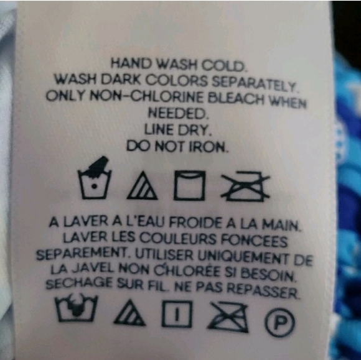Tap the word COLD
pyautogui.click(x=223, y=66)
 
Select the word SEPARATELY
pyautogui.click(x=254, y=83)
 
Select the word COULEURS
pyautogui.click(x=178, y=238)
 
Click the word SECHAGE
pyautogui.click(x=79, y=284)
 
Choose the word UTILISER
pyautogui.click(x=164, y=255)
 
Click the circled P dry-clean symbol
pyautogui.click(x=279, y=323)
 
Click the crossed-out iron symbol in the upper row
pyautogui.click(x=245, y=187)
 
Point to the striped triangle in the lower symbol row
pyautogui.click(x=129, y=312)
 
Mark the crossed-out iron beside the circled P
pyautogui.click(x=228, y=317)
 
